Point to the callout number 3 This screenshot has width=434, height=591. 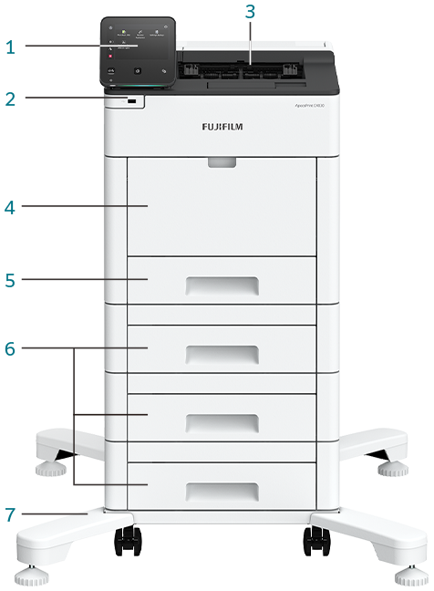(x=250, y=13)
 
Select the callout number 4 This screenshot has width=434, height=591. (x=10, y=208)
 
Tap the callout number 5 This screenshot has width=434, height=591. (x=10, y=280)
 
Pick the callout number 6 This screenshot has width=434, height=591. (x=10, y=348)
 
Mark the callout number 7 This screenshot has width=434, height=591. (x=10, y=515)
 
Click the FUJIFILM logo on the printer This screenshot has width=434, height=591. (x=222, y=127)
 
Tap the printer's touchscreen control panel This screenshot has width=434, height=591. (x=139, y=52)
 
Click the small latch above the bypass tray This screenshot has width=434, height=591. (x=222, y=162)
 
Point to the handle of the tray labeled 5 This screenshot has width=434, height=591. (x=222, y=286)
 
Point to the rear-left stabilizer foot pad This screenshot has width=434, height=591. (x=48, y=470)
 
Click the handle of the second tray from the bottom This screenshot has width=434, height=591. (x=222, y=421)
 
